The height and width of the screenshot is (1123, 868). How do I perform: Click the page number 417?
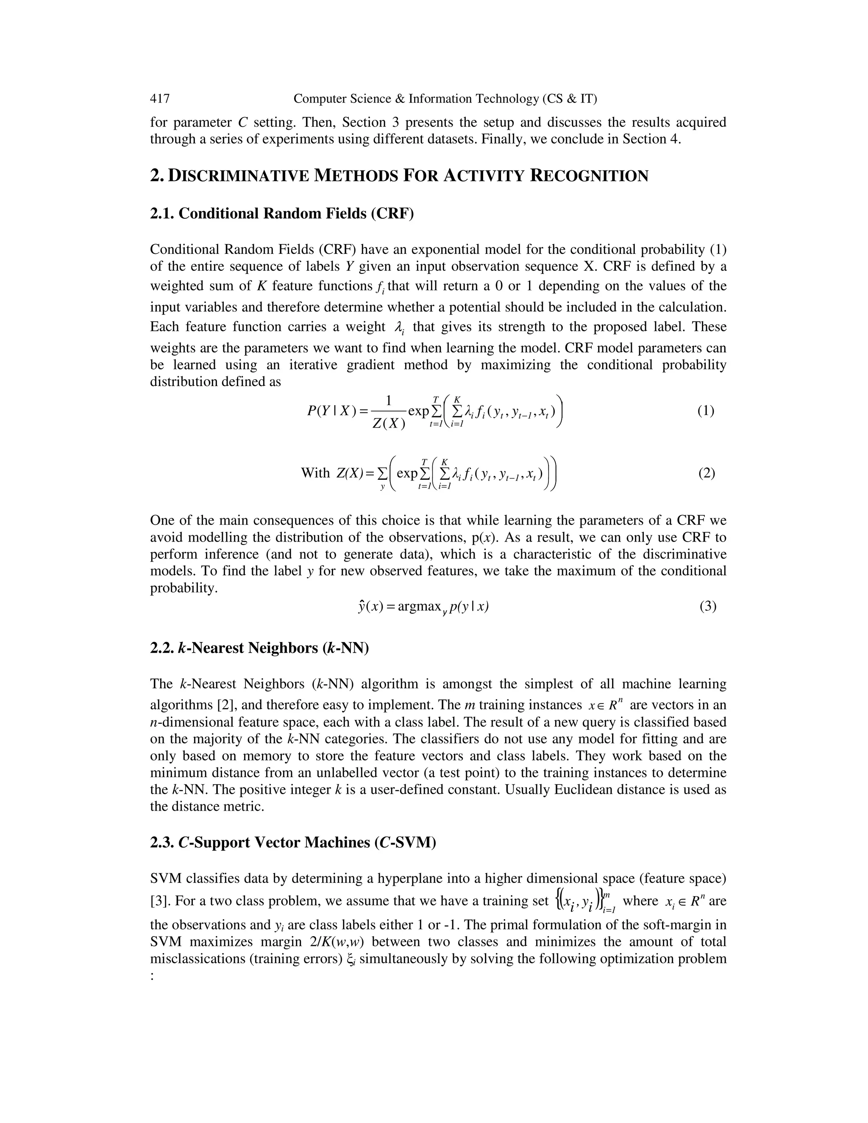click(160, 99)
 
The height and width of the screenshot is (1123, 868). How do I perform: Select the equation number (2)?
click(706, 473)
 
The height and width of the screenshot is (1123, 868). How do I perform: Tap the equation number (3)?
click(707, 606)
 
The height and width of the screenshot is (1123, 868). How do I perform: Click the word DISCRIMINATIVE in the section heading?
click(239, 176)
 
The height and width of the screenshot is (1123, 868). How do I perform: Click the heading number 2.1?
click(162, 214)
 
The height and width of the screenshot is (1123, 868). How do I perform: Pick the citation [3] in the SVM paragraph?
click(160, 901)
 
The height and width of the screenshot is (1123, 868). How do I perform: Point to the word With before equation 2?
click(315, 473)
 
